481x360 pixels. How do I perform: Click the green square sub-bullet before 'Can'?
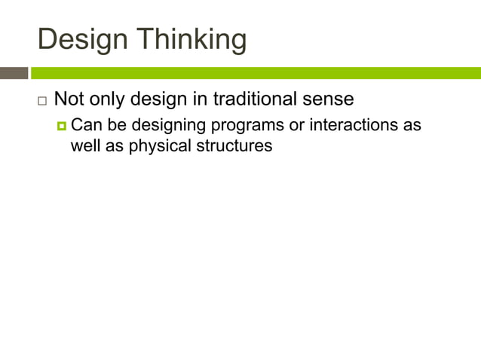pos(62,125)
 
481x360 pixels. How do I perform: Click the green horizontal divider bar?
pos(256,73)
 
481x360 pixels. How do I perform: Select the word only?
pos(110,99)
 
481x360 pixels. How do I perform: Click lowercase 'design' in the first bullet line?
pos(164,99)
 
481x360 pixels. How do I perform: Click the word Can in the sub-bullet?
pos(84,124)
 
